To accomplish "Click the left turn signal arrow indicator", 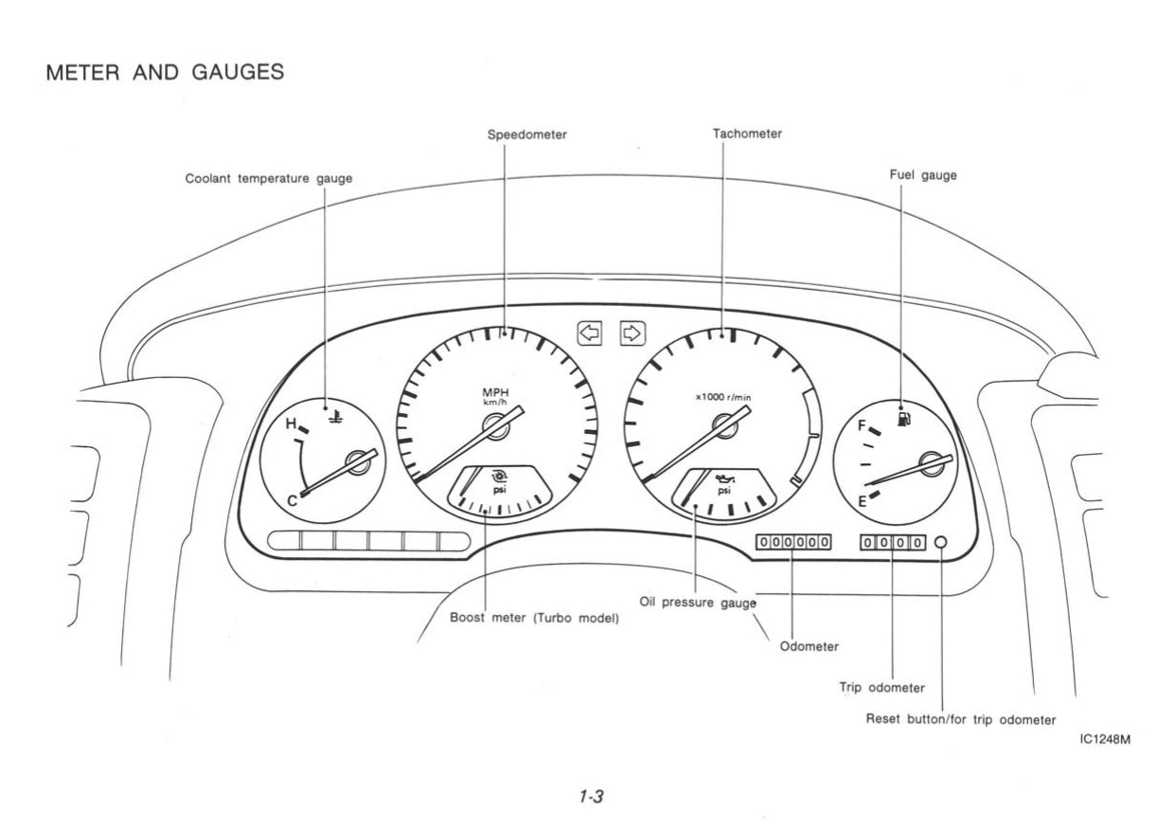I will [589, 333].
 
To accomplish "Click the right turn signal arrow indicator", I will [632, 333].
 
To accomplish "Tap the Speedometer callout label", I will [527, 135].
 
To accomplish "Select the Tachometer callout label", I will [747, 135].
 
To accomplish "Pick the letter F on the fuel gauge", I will [862, 426].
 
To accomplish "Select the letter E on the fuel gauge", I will [862, 502].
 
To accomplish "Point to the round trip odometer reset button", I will [940, 543].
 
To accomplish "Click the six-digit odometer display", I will [793, 543].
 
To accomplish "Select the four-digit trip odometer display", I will [893, 543].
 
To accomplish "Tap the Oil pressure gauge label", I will [697, 600].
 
